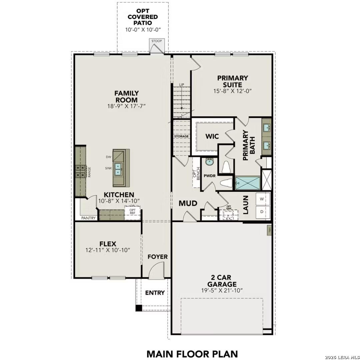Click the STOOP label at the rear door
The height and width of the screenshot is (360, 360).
156,41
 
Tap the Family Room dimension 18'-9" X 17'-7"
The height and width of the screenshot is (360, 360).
126,106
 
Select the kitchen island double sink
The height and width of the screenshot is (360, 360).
118,169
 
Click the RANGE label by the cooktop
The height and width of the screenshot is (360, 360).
89,171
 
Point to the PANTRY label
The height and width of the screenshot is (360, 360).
89,218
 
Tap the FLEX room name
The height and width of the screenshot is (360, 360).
108,244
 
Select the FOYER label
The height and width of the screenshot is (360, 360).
158,257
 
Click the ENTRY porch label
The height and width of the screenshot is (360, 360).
155,293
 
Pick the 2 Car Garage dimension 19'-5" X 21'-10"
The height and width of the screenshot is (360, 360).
222,290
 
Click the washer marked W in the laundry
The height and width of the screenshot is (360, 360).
262,199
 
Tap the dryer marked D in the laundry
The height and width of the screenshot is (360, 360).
262,212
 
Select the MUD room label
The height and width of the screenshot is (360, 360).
188,203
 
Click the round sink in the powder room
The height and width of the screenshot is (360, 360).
209,162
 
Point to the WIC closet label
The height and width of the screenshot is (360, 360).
212,136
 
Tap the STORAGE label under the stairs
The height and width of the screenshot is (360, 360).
181,136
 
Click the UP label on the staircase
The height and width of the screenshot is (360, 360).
182,85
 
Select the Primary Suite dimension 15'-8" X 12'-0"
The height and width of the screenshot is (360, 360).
233,91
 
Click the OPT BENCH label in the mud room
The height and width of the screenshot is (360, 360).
196,173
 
